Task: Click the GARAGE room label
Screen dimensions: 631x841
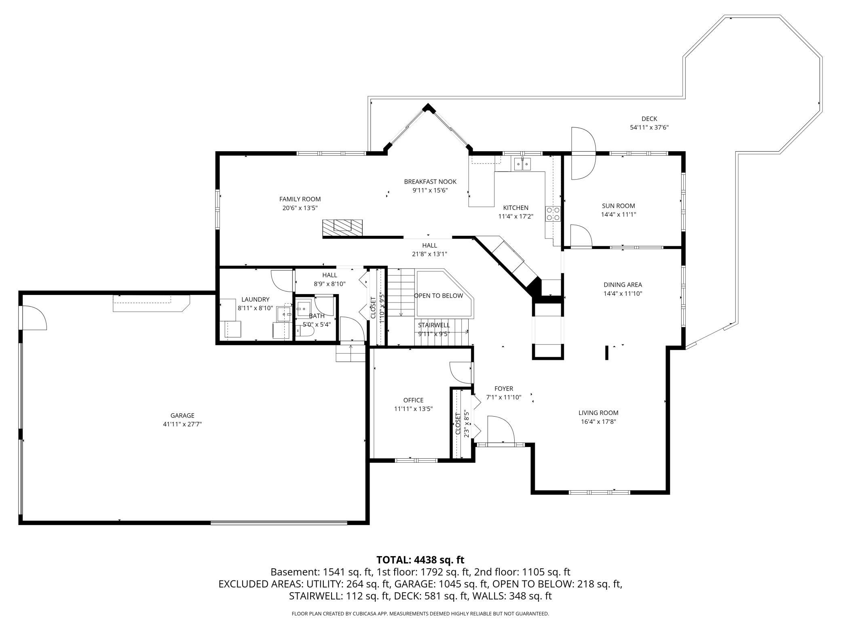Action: click(182, 415)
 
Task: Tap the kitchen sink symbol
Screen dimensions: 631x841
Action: click(522, 164)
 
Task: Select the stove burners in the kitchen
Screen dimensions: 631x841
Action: click(553, 214)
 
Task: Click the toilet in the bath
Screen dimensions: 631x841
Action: click(306, 331)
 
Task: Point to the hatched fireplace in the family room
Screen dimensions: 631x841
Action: click(342, 228)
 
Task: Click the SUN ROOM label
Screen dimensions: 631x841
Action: click(618, 206)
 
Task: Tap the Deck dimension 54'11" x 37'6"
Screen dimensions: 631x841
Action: click(649, 127)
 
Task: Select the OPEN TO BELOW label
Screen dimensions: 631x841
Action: click(438, 296)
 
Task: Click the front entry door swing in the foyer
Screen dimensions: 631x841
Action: click(501, 430)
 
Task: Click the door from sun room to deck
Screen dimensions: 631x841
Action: click(583, 153)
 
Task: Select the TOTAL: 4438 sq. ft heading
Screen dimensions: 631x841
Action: click(420, 560)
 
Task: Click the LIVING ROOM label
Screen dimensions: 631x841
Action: click(598, 413)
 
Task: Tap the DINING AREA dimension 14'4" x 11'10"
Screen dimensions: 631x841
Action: click(623, 294)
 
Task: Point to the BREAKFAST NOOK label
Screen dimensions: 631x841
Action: click(430, 182)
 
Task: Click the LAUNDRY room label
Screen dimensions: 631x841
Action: click(255, 299)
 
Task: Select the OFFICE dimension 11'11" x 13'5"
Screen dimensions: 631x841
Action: click(413, 409)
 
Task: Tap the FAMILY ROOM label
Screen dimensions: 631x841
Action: click(300, 199)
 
